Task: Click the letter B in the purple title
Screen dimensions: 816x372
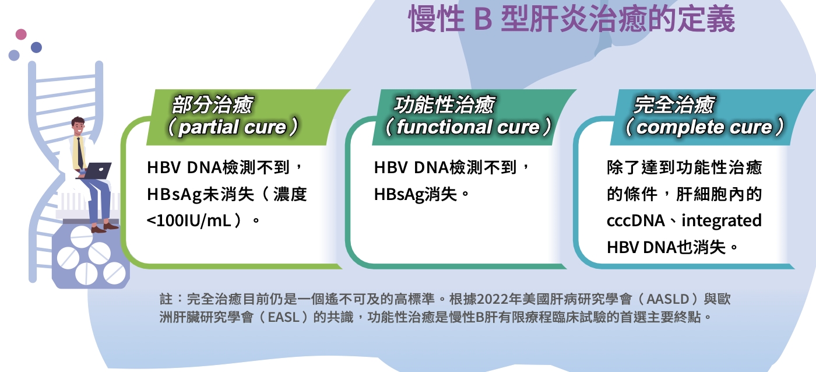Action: click(483, 19)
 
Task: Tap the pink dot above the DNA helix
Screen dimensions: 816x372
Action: click(21, 34)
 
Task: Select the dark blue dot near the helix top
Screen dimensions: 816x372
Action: click(36, 47)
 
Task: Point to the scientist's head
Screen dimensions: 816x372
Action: click(78, 126)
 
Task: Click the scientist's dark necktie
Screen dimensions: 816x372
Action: click(79, 153)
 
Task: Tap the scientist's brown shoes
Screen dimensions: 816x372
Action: click(104, 228)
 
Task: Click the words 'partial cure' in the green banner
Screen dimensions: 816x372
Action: click(233, 127)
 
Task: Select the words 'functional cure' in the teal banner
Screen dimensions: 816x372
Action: click(468, 127)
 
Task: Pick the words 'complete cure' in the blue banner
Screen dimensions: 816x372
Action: click(704, 127)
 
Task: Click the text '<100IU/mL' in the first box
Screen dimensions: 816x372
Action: click(189, 220)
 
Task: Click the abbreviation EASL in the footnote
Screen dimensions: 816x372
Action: click(283, 317)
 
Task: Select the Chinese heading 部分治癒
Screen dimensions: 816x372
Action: click(212, 105)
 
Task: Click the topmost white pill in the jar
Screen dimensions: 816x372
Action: click(81, 236)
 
